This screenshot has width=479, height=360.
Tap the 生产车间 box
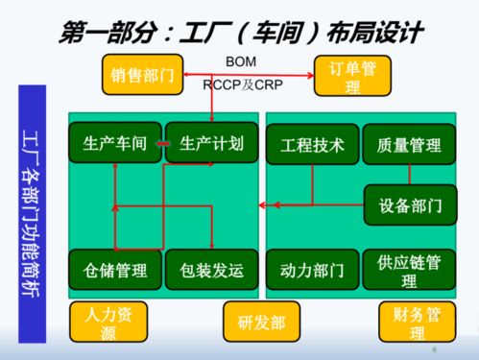pyautogui.click(x=114, y=145)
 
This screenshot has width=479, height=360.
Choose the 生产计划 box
pyautogui.click(x=209, y=145)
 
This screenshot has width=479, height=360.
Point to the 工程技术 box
pyautogui.click(x=312, y=145)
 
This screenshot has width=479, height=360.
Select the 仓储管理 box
pyautogui.click(x=114, y=270)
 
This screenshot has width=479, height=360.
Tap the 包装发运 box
pyautogui.click(x=209, y=270)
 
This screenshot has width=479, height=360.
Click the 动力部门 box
pyautogui.click(x=312, y=270)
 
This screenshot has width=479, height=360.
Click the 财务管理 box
pyautogui.click(x=409, y=322)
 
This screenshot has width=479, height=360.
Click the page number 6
pyautogui.click(x=435, y=349)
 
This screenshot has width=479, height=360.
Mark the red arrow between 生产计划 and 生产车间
pyautogui.click(x=163, y=145)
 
